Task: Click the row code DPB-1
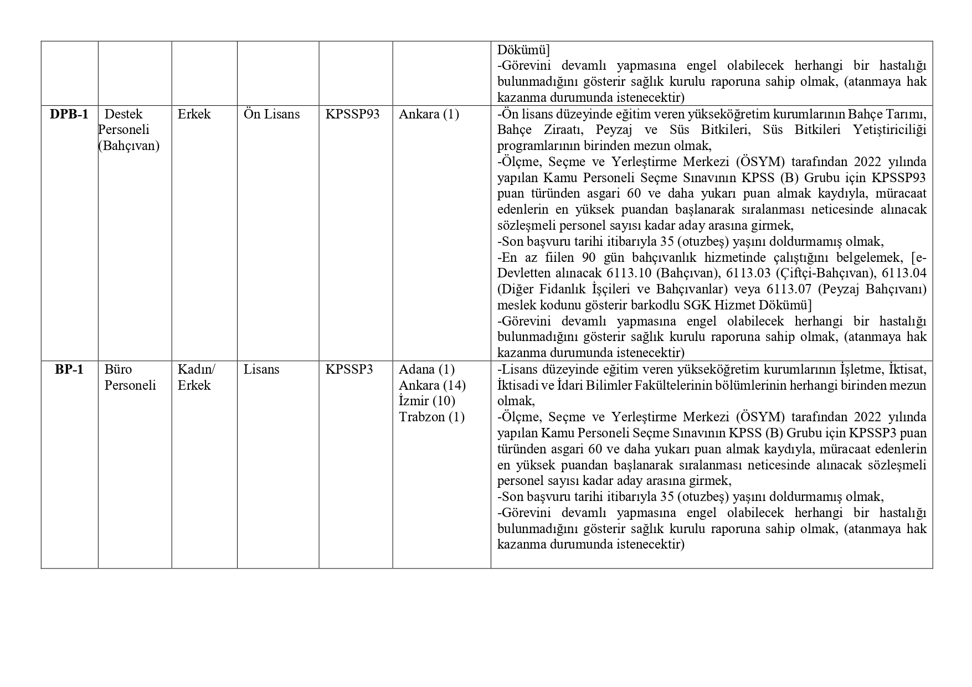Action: tap(69, 115)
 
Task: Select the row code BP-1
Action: tap(69, 370)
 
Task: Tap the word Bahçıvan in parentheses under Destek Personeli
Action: tap(129, 146)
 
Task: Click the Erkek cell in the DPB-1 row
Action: tap(194, 115)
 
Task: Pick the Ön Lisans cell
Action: tap(271, 115)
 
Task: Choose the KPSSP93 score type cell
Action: tap(352, 115)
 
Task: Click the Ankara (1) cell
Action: tap(429, 115)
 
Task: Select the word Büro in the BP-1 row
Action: tap(118, 370)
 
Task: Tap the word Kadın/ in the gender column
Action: tap(196, 370)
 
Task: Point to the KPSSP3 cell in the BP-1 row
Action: tap(349, 370)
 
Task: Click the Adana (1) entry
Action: tap(426, 370)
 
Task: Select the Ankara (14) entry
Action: tap(432, 385)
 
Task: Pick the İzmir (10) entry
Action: tap(427, 401)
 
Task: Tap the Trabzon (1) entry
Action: tap(431, 417)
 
